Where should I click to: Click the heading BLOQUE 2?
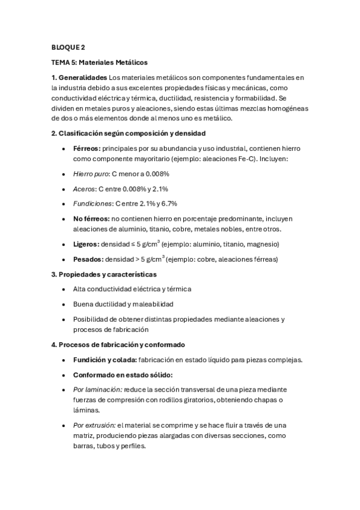click(x=69, y=47)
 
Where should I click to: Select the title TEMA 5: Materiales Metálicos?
click(x=99, y=62)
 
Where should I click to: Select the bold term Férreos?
click(x=87, y=148)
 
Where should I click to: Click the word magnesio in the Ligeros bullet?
click(x=263, y=244)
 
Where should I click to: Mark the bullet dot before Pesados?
click(x=64, y=259)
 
